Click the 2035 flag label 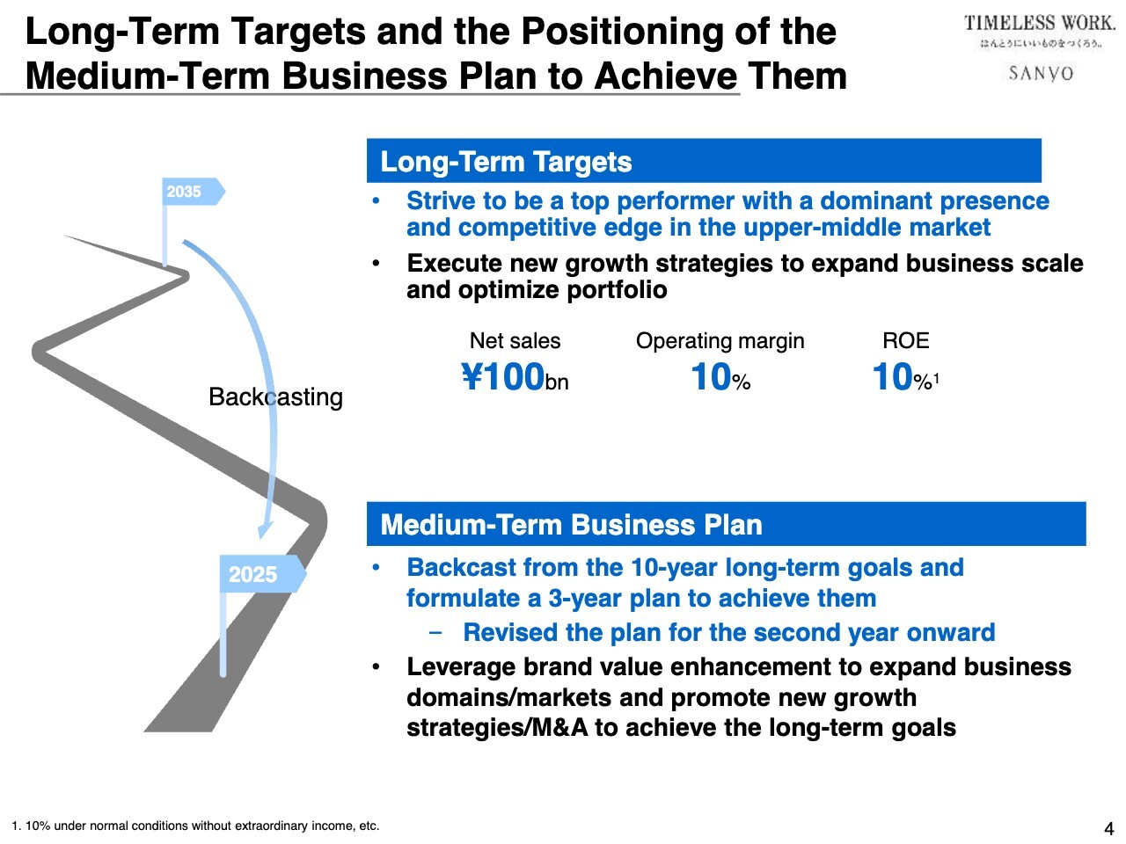183,192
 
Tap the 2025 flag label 252,574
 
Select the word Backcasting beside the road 275,397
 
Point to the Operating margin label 720,341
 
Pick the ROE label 905,341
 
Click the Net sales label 515,341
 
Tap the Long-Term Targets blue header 704,161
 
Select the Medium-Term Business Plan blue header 727,524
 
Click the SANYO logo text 1041,73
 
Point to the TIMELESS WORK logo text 1039,23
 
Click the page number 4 1108,828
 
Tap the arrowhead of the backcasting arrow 264,530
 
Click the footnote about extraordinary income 195,826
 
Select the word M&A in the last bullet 559,728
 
